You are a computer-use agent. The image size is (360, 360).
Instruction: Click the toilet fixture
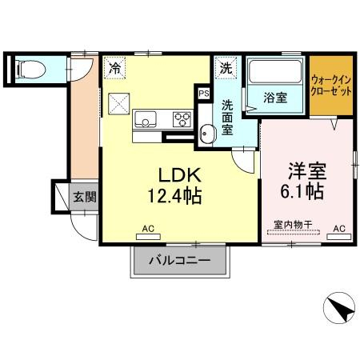coord(30,70)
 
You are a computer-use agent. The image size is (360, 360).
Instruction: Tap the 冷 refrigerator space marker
coord(114,68)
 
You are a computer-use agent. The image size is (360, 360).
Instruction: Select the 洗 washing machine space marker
coord(226,68)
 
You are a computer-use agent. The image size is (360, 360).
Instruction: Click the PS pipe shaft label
coord(204,94)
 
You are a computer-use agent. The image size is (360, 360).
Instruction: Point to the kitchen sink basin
coord(146,119)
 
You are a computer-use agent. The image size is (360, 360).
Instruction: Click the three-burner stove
coord(182,119)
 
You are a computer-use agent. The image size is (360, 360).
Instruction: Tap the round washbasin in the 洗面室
coord(208,134)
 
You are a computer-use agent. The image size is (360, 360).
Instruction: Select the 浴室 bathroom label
coord(275,98)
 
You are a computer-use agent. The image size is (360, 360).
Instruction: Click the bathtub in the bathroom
coord(275,71)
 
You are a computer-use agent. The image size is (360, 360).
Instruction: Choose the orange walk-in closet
coord(331,86)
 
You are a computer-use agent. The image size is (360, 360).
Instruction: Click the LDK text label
coord(180,175)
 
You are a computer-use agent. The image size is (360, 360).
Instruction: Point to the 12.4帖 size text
coord(174,196)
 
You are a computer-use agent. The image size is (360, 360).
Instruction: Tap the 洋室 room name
coord(307,170)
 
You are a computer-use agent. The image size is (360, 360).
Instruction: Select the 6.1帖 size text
coord(302,190)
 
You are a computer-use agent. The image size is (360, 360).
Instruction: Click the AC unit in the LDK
coord(148,237)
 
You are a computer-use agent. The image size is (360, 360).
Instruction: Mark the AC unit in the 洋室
coord(339,237)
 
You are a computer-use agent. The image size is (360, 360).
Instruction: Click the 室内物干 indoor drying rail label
coord(293,225)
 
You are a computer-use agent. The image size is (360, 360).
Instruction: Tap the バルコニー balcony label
coord(180,260)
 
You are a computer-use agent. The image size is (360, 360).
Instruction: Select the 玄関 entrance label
coord(85,197)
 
